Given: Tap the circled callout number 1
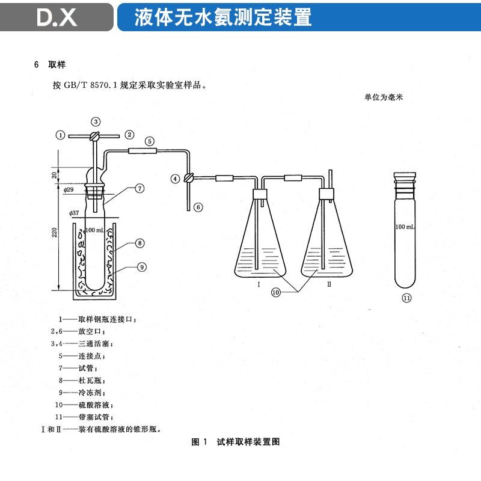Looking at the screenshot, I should click(x=60, y=135).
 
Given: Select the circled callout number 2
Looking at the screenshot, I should click(x=129, y=135).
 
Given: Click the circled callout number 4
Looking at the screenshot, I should click(x=175, y=178).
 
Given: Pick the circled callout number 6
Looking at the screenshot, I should click(x=198, y=207).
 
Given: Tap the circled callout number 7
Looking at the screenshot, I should click(x=139, y=188).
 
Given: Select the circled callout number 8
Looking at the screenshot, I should click(x=139, y=244).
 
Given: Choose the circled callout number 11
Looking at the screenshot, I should click(x=406, y=298).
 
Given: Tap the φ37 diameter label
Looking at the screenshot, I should click(x=75, y=213).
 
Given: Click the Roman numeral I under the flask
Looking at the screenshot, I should click(x=258, y=284).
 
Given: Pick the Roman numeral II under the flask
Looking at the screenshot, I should click(x=329, y=284).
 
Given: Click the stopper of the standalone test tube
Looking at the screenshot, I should click(x=406, y=179).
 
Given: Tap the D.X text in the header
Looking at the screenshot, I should click(x=57, y=17).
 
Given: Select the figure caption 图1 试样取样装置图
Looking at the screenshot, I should click(x=236, y=442).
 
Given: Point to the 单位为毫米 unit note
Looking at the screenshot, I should click(x=383, y=96).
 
